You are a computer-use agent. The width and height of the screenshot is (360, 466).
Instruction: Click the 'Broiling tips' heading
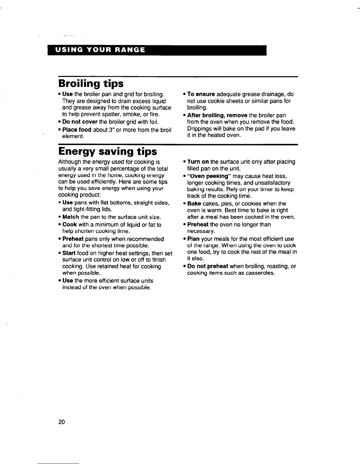pos(91,84)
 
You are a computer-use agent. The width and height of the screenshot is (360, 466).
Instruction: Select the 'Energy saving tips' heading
pos(108,152)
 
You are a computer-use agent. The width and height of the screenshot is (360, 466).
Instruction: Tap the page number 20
pos(61,422)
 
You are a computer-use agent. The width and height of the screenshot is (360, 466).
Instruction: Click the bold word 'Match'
pos(71,217)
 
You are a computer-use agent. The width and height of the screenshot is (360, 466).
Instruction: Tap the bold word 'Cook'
pos(70,224)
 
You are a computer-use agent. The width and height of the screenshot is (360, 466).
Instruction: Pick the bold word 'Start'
pos(69,253)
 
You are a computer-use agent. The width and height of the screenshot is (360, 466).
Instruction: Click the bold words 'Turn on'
pos(198,162)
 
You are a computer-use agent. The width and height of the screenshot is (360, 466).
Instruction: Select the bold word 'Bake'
pos(194,204)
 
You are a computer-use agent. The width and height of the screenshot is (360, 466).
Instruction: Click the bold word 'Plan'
pos(194,239)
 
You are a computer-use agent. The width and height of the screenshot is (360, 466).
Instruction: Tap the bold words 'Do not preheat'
pos(208,266)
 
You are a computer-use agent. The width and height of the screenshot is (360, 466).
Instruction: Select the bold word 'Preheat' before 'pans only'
pos(73,239)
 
